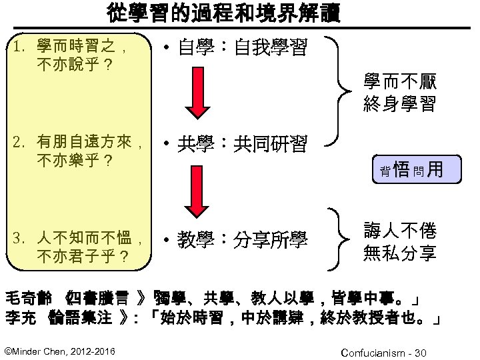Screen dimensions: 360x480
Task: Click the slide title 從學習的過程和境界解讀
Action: click(223, 13)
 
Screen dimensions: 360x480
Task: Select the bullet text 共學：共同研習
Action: click(242, 143)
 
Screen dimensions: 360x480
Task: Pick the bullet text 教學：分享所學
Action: click(242, 238)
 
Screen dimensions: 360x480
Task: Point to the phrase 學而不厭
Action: click(400, 84)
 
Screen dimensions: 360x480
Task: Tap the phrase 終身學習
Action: click(400, 104)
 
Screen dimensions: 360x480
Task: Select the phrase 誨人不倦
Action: click(400, 231)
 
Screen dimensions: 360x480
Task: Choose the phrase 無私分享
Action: click(400, 253)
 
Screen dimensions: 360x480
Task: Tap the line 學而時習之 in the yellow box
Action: click(79, 47)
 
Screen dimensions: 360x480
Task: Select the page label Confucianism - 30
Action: click(383, 351)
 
